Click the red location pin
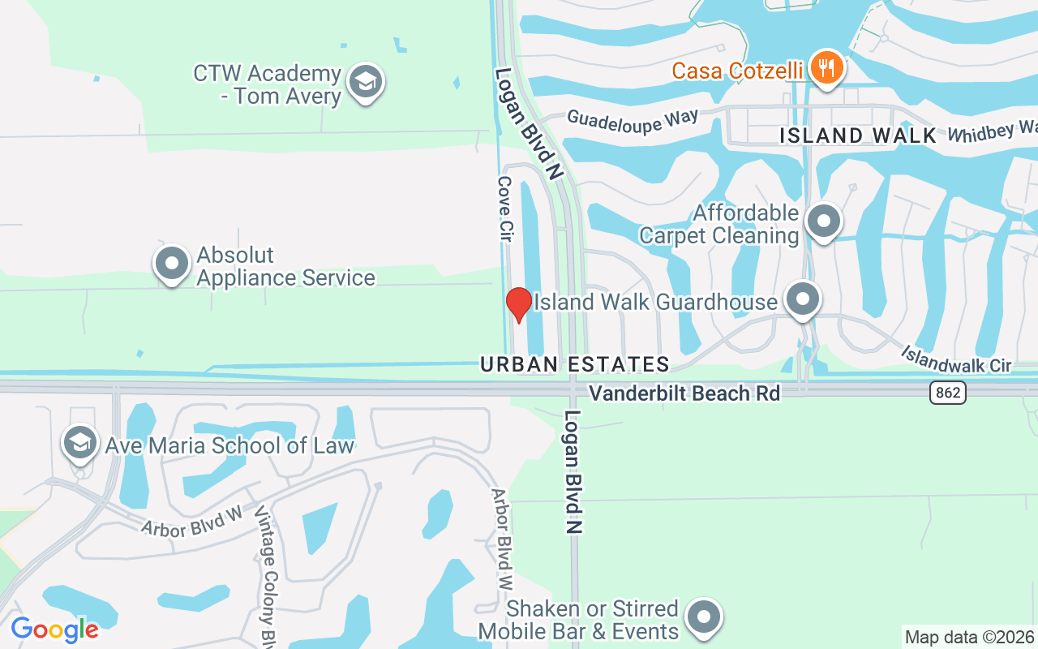(518, 304)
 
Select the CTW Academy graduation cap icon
(365, 82)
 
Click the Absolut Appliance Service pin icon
(172, 264)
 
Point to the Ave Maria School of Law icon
(80, 443)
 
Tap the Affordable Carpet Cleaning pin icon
(825, 220)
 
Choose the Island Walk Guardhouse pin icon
(803, 299)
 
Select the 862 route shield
(946, 393)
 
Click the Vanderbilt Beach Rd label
(684, 393)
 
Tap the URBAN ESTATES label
(575, 364)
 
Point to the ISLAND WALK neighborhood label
(858, 135)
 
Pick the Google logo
(54, 629)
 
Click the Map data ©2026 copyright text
(970, 637)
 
